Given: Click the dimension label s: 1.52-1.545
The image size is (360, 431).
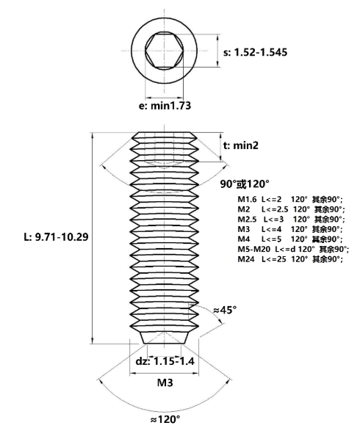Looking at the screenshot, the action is (255, 52).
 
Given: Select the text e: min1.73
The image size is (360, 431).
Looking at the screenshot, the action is (165, 106).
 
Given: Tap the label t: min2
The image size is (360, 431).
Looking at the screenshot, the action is (241, 145).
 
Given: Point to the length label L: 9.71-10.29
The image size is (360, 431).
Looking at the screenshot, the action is (56, 237).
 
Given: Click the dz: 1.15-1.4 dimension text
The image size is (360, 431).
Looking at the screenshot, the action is (165, 361).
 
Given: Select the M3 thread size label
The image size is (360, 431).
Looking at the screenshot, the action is (165, 383).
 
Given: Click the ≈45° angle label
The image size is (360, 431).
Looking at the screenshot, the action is (225, 310).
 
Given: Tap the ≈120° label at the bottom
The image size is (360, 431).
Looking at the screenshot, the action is (165, 419).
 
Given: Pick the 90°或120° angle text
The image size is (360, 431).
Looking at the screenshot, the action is (244, 184).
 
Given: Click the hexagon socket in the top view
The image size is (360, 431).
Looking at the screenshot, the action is (164, 51).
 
